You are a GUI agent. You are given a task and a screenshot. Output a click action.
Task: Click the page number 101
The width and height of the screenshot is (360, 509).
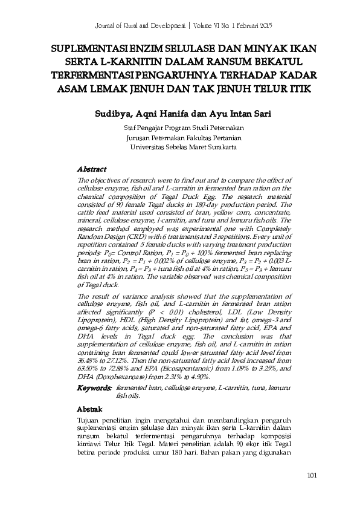point(312,475)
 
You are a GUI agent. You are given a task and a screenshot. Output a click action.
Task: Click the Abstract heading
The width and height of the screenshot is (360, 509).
point(92,169)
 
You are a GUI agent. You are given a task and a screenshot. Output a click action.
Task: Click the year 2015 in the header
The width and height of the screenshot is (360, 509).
point(262,28)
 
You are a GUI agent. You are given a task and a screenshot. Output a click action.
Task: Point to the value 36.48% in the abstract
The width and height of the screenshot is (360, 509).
point(89,359)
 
